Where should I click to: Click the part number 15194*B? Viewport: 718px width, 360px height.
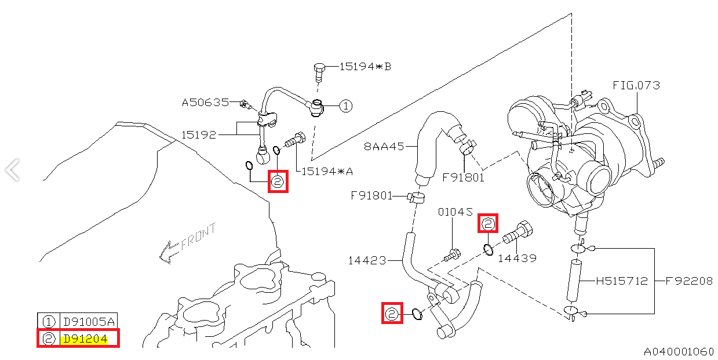365,67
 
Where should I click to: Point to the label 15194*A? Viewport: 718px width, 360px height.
327,171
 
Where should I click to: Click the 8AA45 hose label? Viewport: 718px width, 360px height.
384,146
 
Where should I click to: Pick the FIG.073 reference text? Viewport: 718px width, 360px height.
636,85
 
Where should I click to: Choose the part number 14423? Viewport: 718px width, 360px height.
367,260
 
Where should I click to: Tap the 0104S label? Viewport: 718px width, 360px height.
455,212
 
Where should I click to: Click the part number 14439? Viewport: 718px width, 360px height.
517,258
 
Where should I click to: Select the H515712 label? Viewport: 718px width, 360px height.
622,281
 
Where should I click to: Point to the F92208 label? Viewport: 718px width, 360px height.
688,281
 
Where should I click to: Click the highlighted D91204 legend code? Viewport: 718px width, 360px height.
84,339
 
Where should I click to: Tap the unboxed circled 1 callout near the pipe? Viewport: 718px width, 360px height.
345,106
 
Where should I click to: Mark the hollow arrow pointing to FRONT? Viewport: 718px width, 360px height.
169,251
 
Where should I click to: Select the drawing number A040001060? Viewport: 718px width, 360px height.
679,352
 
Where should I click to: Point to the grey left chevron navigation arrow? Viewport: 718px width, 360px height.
12,170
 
